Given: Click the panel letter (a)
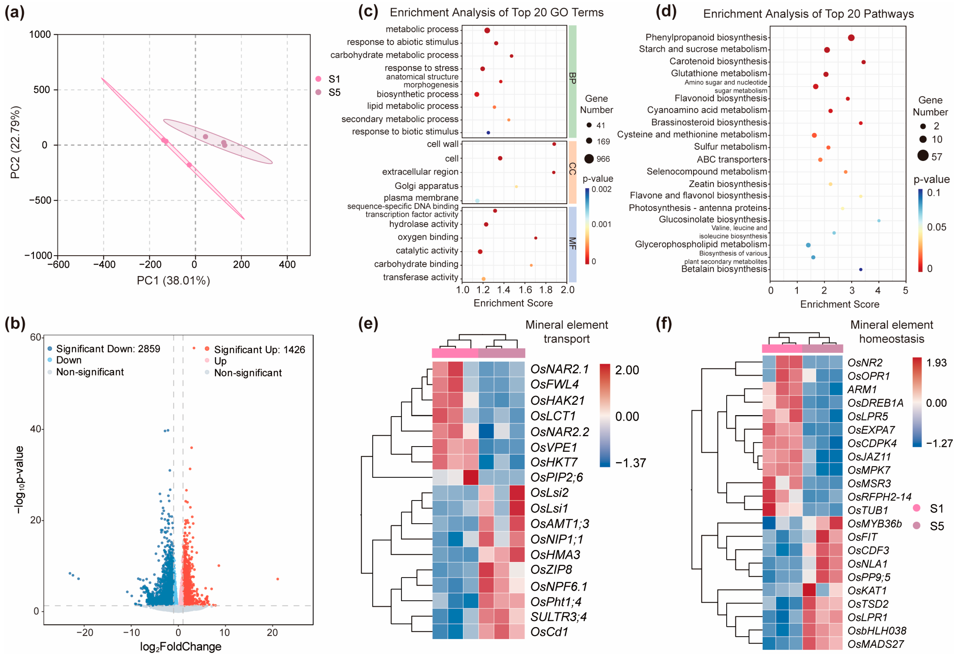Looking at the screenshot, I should (14, 12).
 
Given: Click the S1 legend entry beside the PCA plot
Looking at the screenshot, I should (334, 79).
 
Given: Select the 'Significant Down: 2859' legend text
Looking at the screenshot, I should (108, 349).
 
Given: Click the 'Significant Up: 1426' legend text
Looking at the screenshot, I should (259, 350).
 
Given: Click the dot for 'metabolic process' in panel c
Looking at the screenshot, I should (487, 30).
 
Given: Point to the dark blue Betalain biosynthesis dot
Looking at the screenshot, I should (861, 270).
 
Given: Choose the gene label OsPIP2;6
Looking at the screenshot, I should (556, 477).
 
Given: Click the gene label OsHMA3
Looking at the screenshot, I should (555, 555).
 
